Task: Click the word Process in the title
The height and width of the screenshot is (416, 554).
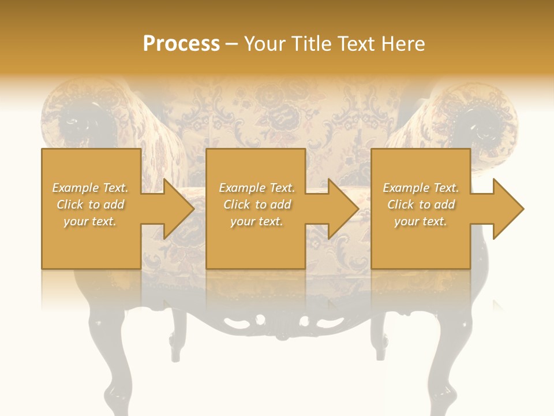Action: coord(181,44)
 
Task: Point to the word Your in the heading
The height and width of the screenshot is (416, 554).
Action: coord(265,44)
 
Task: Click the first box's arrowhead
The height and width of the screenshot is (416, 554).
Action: coord(173,209)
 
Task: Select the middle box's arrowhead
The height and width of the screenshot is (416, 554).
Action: coord(338,209)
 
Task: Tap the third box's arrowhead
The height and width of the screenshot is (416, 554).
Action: coord(503,209)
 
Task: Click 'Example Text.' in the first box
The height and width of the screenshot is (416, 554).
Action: coord(91,188)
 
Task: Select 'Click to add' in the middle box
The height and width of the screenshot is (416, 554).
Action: coord(257,205)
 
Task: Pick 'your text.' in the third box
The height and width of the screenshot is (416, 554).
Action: coord(421,221)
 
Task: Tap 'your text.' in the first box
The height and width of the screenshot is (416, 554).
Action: coord(91,221)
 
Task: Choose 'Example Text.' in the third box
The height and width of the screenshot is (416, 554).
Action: coord(421,188)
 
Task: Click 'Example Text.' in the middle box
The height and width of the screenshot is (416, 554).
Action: coord(257,188)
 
